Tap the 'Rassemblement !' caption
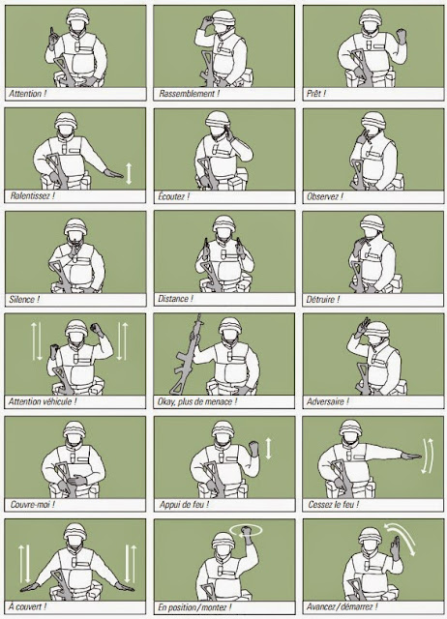click(187, 94)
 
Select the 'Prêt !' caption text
click(320, 94)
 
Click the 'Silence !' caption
click(26, 299)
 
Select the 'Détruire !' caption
click(326, 299)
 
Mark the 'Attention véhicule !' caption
click(43, 401)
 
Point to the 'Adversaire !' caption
click(329, 401)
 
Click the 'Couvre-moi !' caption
click(32, 505)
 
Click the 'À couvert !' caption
click(28, 606)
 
